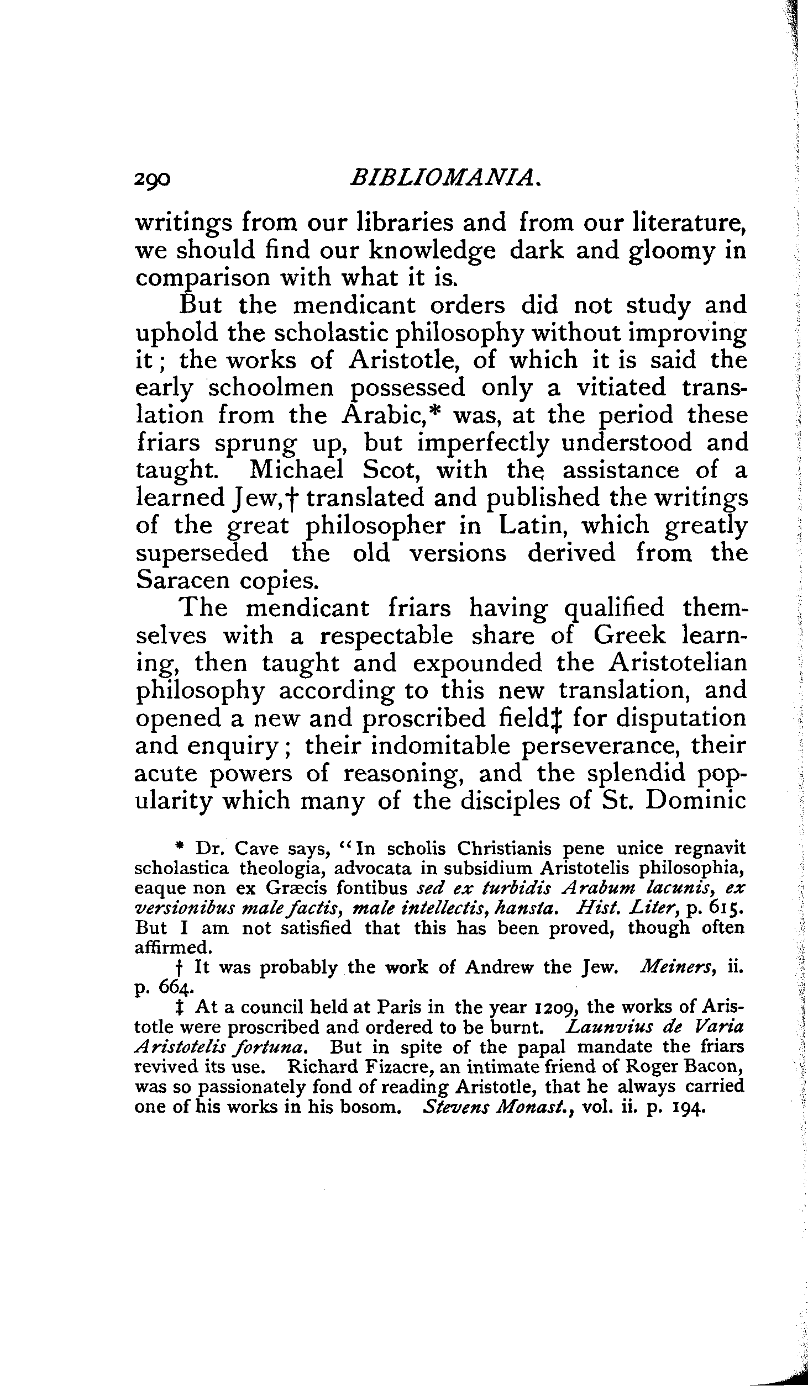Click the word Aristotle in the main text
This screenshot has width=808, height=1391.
click(x=410, y=361)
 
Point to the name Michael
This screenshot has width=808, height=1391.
click(x=296, y=470)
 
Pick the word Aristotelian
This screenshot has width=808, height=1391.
click(x=677, y=663)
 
